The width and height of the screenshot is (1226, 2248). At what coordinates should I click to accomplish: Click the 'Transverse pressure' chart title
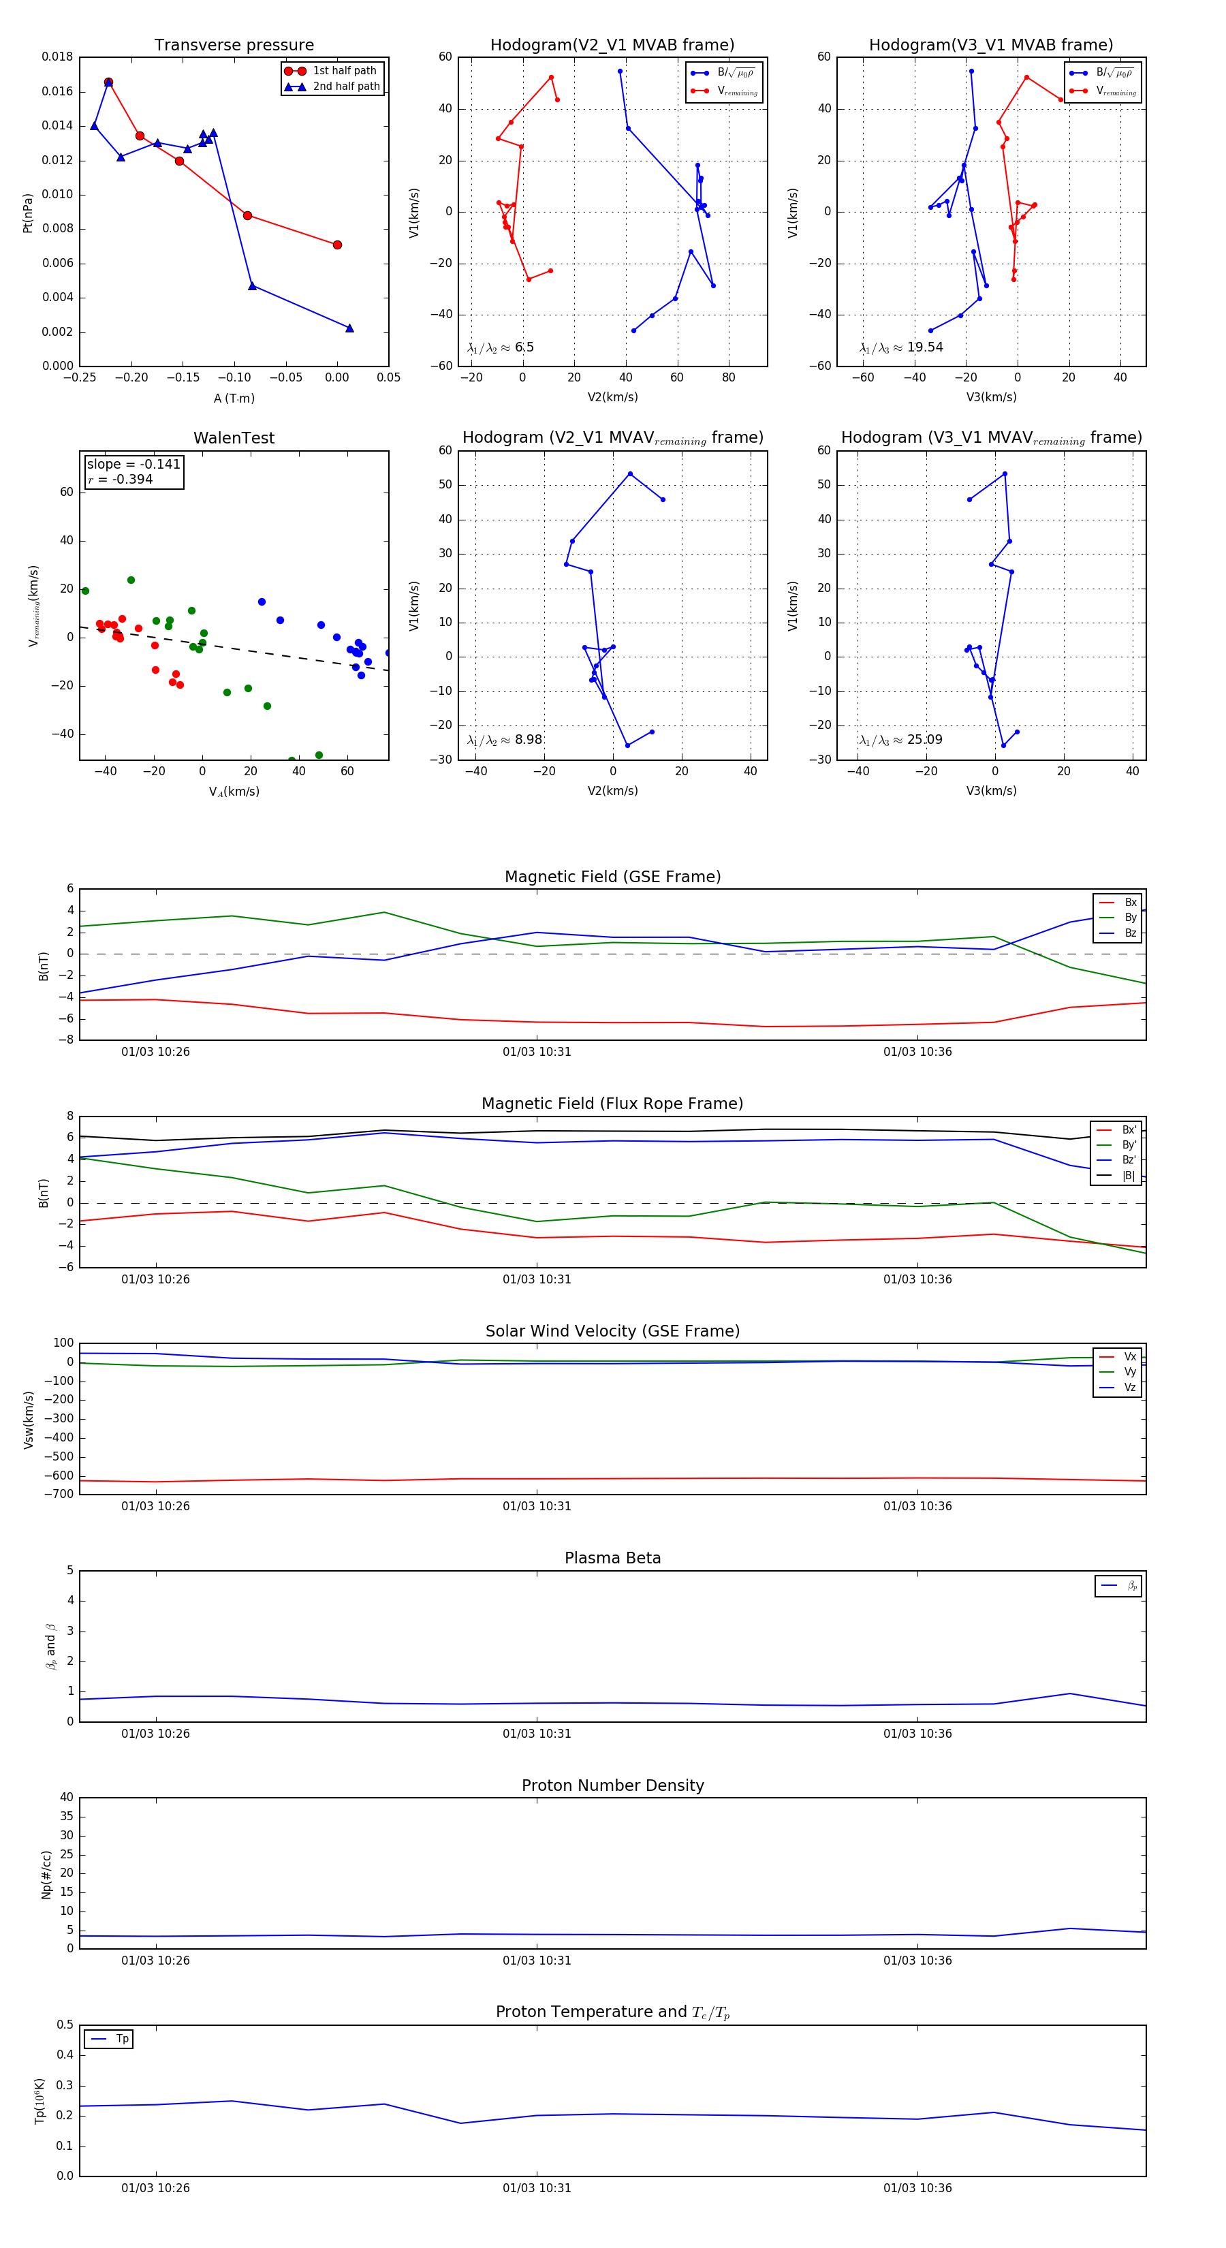pos(234,46)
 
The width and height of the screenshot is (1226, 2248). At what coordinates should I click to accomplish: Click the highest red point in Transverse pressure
pos(108,82)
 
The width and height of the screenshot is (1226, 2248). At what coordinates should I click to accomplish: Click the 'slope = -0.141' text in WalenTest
pos(133,465)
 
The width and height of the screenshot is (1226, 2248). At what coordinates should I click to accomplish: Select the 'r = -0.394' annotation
pos(121,479)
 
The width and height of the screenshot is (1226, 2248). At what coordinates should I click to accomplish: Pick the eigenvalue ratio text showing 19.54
pos(901,347)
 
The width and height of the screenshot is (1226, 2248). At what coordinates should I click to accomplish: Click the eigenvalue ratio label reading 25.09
pos(900,740)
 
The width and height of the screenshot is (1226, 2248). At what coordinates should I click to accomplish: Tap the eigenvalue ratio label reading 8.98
pos(504,740)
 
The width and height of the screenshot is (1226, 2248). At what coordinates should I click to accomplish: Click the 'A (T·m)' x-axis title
pos(234,398)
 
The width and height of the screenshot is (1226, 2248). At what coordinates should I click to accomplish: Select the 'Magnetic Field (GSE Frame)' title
pos(612,877)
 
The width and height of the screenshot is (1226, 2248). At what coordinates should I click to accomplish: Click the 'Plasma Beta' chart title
pos(612,1558)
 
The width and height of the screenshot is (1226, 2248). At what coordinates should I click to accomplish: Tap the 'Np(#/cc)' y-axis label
pos(47,1875)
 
